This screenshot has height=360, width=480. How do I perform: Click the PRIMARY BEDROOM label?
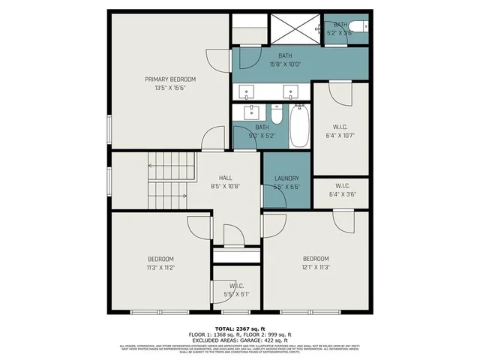tap(170, 79)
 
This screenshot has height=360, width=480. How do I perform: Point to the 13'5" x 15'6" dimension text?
tap(170, 88)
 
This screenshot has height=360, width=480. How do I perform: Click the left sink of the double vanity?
tap(247, 92)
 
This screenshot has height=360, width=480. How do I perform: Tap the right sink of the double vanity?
tap(289, 92)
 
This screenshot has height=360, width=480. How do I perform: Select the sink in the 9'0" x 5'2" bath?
tap(251, 112)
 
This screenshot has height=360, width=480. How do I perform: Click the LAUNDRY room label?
tap(286, 178)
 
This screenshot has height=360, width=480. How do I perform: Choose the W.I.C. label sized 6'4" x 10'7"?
tap(340, 126)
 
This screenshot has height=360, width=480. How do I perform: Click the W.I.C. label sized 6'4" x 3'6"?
tap(341, 185)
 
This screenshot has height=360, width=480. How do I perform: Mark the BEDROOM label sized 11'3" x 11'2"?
tap(160, 259)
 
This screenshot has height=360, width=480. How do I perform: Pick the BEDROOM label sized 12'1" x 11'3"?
tap(316, 259)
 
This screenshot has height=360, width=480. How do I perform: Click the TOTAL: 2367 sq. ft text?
tap(239, 328)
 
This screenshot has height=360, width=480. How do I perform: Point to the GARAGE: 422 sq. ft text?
tap(277, 340)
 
